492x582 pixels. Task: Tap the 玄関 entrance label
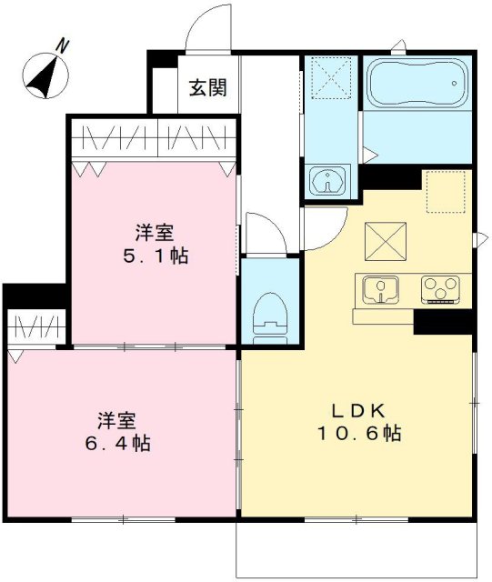pyautogui.click(x=208, y=88)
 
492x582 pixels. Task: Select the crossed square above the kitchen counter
pyautogui.click(x=383, y=241)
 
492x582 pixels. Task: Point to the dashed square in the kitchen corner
pyautogui.click(x=445, y=192)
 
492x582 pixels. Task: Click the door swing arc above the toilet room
pyautogui.click(x=264, y=235)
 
